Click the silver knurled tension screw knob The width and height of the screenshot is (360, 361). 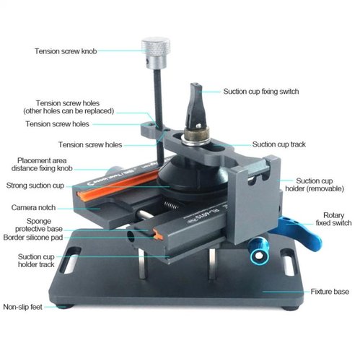click(156, 53)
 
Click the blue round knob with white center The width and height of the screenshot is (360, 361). click(258, 255)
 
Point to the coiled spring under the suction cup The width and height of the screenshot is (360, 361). click(171, 205)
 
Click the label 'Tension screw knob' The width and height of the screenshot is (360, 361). click(66, 51)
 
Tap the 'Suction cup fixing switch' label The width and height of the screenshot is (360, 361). click(261, 92)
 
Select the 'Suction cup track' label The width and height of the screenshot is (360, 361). click(279, 144)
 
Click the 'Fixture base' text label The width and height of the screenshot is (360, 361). click(330, 292)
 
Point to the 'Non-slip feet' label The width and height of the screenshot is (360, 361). click(23, 307)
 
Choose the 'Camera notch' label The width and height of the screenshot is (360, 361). click(33, 207)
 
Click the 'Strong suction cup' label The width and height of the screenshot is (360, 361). click(35, 186)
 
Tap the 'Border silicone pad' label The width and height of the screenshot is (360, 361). click(33, 238)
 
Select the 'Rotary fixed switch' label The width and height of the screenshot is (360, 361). click(333, 219)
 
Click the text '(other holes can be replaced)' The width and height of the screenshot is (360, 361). click(69, 111)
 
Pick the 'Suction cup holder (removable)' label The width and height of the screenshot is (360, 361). click(315, 185)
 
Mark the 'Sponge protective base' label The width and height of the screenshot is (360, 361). click(39, 225)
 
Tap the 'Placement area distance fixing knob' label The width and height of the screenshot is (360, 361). click(42, 165)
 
